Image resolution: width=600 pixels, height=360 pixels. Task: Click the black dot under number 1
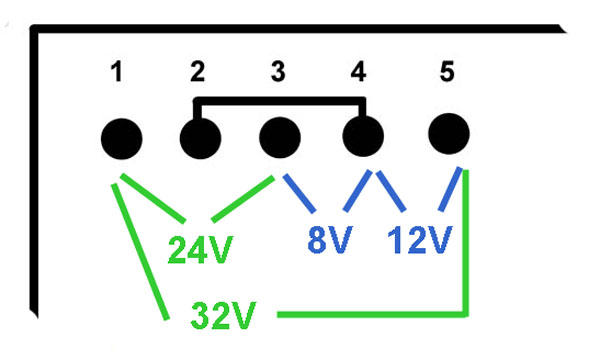(x=122, y=139)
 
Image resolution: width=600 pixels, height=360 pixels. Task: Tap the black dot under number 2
(x=201, y=138)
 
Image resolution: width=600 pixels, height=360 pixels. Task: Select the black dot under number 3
(x=280, y=137)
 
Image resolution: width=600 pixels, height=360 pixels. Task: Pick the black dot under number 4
(x=363, y=136)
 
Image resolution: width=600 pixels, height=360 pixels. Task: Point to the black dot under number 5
(x=449, y=134)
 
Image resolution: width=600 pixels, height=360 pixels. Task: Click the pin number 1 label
(x=117, y=72)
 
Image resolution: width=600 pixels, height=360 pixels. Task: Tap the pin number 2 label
(x=198, y=72)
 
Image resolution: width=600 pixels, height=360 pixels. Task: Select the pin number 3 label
(x=278, y=72)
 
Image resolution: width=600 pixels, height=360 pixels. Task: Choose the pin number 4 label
(x=359, y=72)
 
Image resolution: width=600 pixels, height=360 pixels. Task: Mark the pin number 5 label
(x=447, y=72)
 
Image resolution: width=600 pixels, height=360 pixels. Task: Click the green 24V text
(x=201, y=250)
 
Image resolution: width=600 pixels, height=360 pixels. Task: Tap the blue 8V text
(x=330, y=239)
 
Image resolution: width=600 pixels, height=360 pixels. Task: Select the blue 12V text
(x=420, y=239)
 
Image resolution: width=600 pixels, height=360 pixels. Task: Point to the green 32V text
(x=223, y=315)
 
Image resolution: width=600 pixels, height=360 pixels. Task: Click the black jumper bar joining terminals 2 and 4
(x=280, y=101)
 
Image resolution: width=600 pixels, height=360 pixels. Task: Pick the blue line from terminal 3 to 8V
(x=299, y=193)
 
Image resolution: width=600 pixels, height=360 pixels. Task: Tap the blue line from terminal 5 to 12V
(x=450, y=189)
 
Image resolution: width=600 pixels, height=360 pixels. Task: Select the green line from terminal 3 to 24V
(x=243, y=199)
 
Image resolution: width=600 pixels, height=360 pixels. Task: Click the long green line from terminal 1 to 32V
(x=140, y=252)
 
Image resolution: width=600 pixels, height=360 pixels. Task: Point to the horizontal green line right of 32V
(x=372, y=314)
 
